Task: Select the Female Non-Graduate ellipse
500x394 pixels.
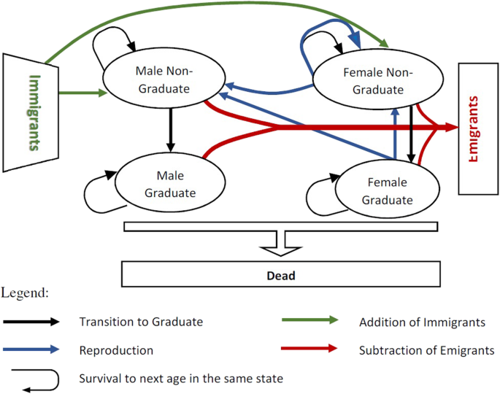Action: click(x=373, y=80)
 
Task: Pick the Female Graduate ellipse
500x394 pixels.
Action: click(x=386, y=190)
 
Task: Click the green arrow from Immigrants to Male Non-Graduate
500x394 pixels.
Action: click(x=81, y=93)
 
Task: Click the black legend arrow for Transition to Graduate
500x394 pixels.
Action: click(x=32, y=322)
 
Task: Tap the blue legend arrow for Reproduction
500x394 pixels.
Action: click(x=32, y=349)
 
